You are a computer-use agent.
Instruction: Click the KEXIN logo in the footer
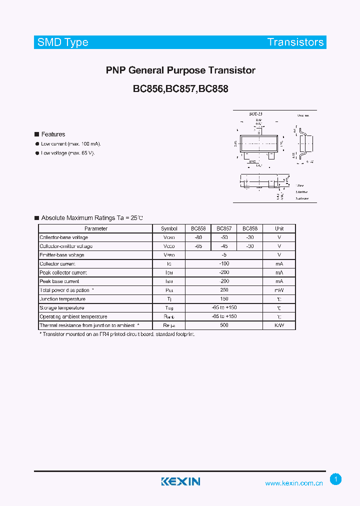click(180, 481)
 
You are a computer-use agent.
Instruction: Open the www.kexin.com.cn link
click(294, 483)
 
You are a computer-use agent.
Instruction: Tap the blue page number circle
click(336, 479)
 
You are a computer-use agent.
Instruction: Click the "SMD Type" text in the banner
click(63, 42)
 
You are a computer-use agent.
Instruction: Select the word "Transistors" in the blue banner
click(295, 42)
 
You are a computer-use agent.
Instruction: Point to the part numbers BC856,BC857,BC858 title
click(180, 89)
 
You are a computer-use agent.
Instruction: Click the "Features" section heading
click(53, 134)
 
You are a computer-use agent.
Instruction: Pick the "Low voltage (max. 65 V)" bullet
click(67, 153)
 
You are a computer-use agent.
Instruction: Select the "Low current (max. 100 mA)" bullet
click(70, 143)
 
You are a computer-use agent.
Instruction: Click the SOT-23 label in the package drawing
click(256, 114)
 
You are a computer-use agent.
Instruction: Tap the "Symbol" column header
click(169, 228)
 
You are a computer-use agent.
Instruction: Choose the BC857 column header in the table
click(224, 228)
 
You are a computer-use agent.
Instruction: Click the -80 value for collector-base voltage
click(198, 237)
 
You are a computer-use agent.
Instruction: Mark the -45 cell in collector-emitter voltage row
click(224, 246)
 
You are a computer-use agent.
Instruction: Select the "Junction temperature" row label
click(62, 299)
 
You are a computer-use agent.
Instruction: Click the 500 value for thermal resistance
click(224, 325)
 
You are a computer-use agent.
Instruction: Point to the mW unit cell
click(279, 290)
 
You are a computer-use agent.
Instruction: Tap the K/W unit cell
click(279, 325)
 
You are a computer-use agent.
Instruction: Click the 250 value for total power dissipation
click(224, 290)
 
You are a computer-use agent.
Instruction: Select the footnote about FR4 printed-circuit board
click(117, 333)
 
